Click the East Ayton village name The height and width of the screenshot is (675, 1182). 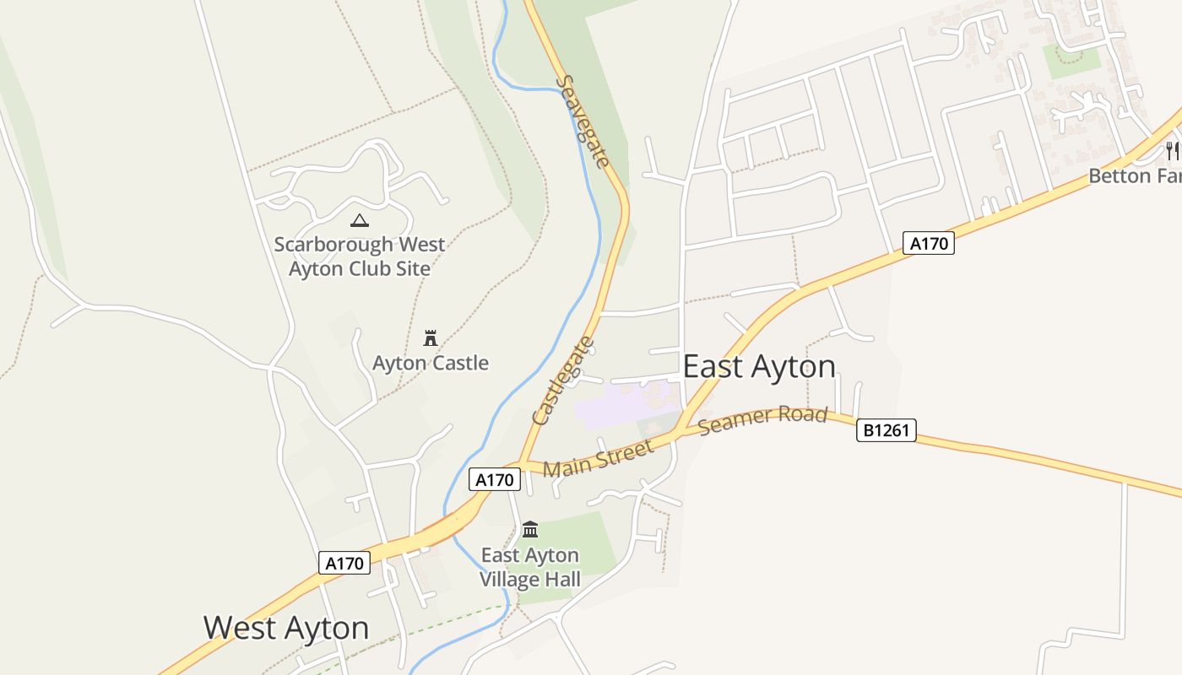click(x=759, y=367)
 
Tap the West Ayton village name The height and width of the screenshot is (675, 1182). click(x=286, y=628)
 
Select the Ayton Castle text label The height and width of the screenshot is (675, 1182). click(x=431, y=363)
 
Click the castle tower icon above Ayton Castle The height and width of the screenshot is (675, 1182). click(x=431, y=338)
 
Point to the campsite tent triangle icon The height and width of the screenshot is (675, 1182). click(x=360, y=221)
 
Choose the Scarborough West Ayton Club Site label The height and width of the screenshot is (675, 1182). click(x=360, y=256)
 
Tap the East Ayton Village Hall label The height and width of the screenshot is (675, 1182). click(x=530, y=567)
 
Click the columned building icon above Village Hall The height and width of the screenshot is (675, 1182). click(x=530, y=529)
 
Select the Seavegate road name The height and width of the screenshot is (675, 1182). click(x=583, y=121)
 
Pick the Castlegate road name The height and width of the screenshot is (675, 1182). click(x=563, y=381)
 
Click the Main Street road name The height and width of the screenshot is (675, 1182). click(x=598, y=458)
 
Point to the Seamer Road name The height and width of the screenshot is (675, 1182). click(x=762, y=419)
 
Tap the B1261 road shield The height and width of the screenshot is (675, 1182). click(x=886, y=430)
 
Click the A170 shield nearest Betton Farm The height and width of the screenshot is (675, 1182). click(x=929, y=244)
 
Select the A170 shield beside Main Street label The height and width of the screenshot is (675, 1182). click(x=495, y=480)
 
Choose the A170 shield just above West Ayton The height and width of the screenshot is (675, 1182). click(x=344, y=563)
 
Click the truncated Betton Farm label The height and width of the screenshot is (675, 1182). click(x=1134, y=176)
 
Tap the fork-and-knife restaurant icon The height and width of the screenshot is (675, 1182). click(x=1173, y=151)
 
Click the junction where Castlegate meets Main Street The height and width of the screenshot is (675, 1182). click(x=521, y=463)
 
